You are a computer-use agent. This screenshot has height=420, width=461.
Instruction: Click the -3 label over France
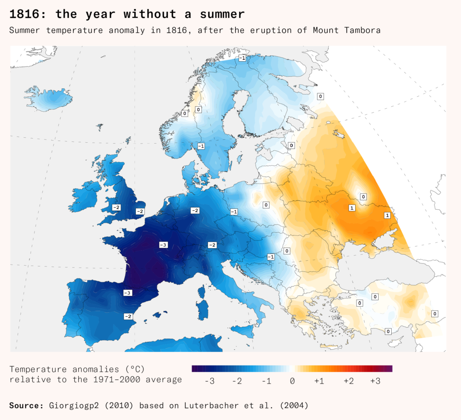point(163,244)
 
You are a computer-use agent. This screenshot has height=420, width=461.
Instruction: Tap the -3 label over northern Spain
point(128,293)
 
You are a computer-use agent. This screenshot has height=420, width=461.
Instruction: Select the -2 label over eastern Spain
point(128,316)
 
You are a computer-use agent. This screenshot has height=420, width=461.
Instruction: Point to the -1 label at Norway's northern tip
point(242,59)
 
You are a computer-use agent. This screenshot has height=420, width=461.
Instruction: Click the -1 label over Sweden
point(201,146)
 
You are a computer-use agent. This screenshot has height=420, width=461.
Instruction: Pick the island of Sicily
point(245,332)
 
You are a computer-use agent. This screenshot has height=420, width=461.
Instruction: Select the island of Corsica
point(201,293)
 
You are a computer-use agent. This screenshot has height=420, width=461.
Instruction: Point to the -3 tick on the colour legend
point(209,381)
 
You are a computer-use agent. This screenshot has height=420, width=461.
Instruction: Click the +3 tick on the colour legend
point(375,381)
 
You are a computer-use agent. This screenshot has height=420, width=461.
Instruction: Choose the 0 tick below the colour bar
point(293,381)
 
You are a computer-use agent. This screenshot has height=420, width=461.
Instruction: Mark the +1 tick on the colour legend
point(319,381)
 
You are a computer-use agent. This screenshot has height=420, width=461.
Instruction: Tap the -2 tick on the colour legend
point(237,381)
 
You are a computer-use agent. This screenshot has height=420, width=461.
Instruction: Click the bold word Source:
point(26,406)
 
